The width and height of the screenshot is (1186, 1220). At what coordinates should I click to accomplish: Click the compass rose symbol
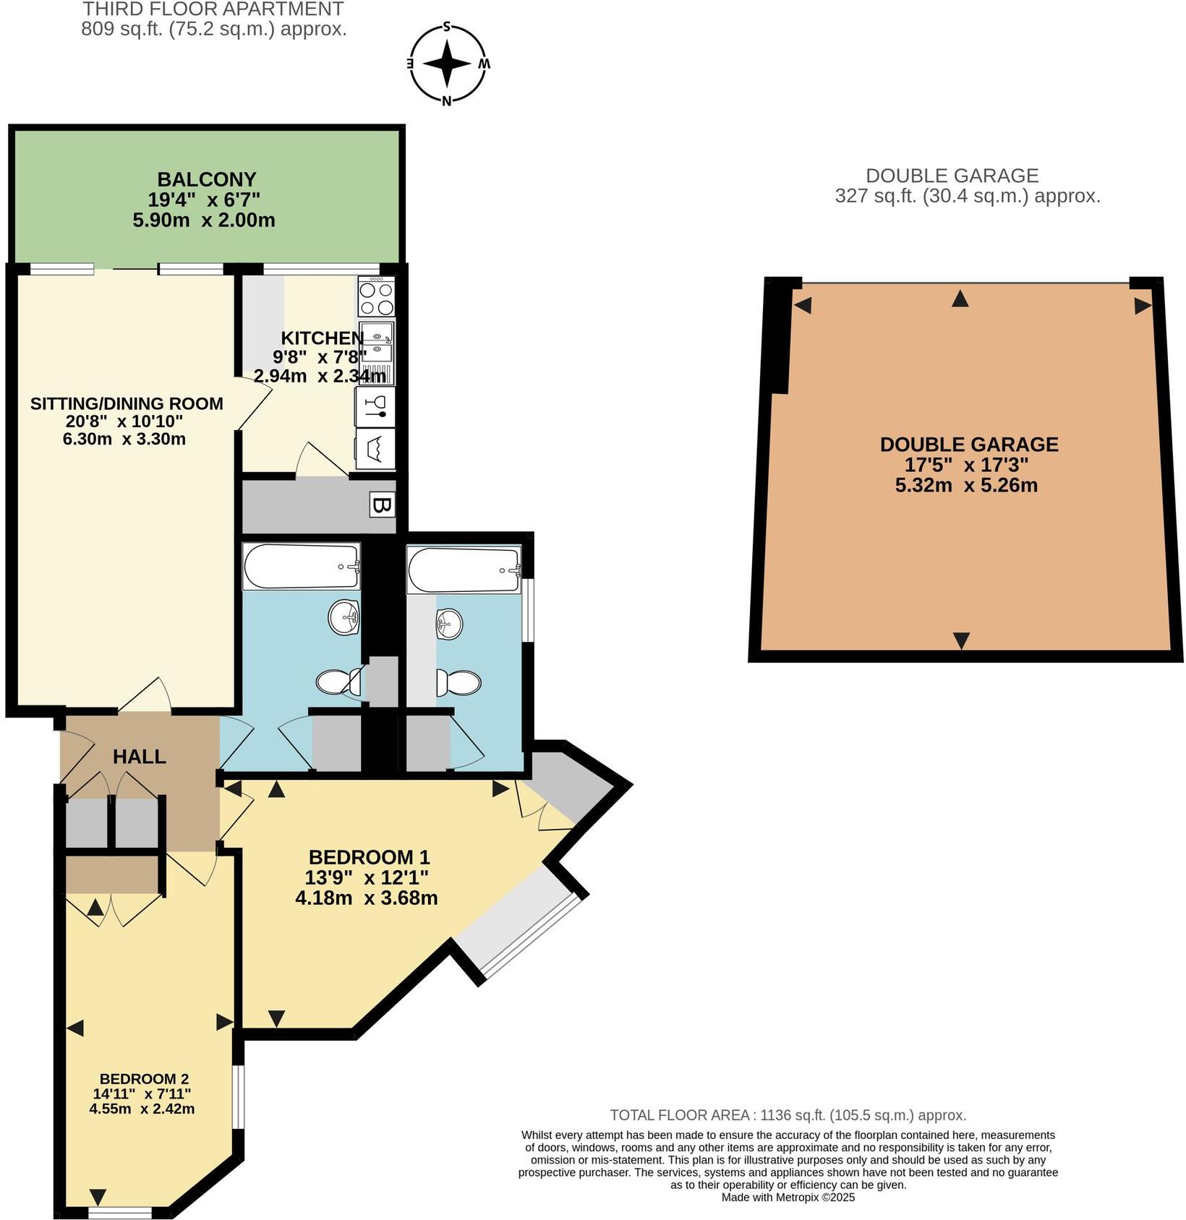click(x=447, y=64)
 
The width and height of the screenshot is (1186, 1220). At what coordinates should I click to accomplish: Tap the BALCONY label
click(x=207, y=179)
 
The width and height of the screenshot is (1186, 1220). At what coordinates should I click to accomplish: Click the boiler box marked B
click(x=381, y=505)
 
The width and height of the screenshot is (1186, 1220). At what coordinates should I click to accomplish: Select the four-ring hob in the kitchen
click(x=376, y=298)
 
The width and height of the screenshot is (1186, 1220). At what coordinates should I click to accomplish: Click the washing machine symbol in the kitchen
click(x=375, y=449)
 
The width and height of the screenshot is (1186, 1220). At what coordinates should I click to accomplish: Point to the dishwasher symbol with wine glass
click(x=375, y=408)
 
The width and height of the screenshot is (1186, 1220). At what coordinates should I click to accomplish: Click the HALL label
click(x=140, y=757)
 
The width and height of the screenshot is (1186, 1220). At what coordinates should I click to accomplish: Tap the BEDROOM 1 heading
click(x=369, y=857)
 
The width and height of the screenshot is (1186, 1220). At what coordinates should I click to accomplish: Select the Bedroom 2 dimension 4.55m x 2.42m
click(x=142, y=1109)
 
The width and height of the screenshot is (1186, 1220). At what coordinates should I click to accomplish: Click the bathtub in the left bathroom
click(x=302, y=566)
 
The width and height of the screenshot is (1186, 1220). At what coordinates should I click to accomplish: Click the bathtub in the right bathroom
click(x=464, y=569)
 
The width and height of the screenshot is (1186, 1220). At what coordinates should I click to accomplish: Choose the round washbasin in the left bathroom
click(x=344, y=618)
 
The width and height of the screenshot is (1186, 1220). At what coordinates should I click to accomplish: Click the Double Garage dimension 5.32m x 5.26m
click(x=966, y=485)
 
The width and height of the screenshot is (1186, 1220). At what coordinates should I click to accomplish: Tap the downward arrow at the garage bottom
click(x=961, y=640)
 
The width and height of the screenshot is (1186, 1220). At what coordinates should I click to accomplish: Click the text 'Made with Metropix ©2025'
click(x=788, y=1197)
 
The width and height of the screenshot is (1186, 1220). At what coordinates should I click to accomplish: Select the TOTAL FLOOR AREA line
click(x=788, y=1115)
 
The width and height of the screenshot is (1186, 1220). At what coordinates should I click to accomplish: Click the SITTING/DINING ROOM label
click(x=127, y=403)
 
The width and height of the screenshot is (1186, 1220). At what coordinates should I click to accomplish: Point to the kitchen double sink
click(x=377, y=344)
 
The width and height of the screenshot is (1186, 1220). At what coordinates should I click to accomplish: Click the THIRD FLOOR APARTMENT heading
click(x=213, y=9)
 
